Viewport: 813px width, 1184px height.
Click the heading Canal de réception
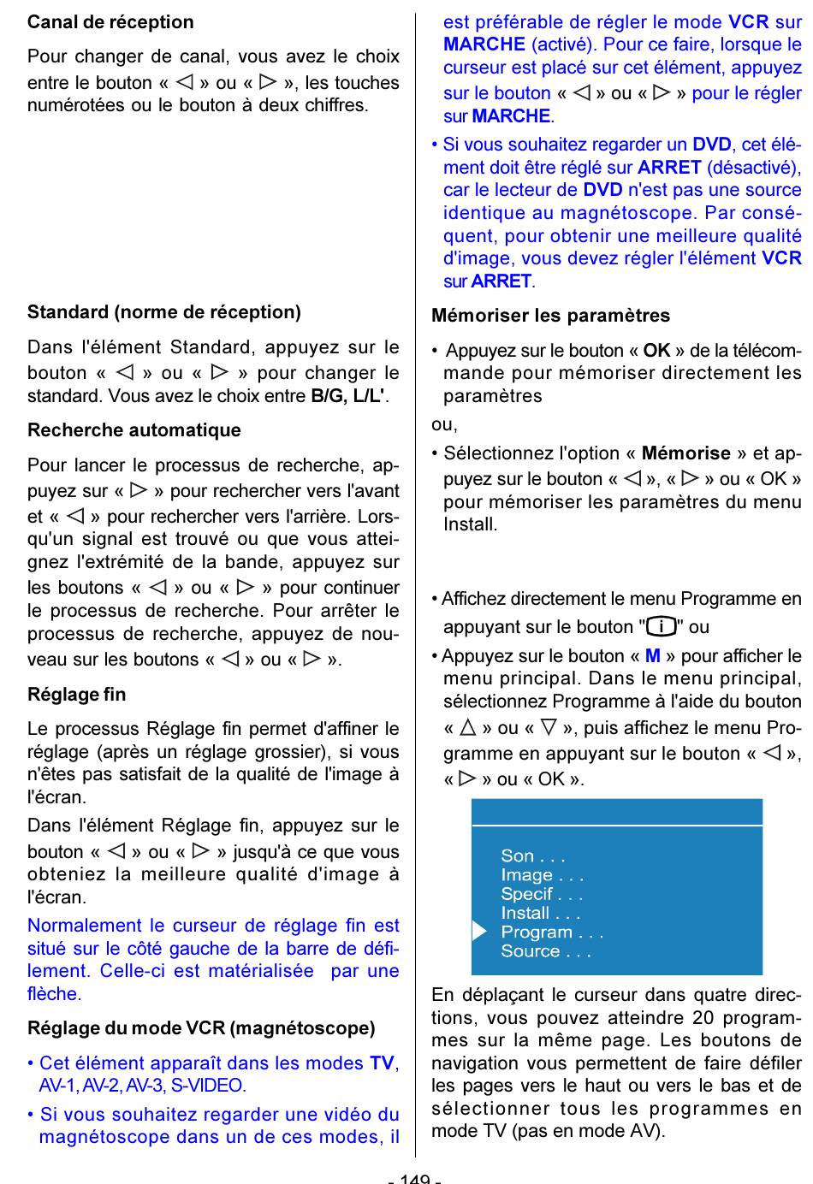click(x=110, y=22)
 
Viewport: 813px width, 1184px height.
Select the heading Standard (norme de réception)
click(x=164, y=312)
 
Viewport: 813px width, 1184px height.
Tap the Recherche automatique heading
click(x=134, y=430)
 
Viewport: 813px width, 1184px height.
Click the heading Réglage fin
click(x=77, y=695)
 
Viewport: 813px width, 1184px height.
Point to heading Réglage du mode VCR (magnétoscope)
click(x=201, y=1028)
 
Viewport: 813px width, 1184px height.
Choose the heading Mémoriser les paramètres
click(x=551, y=316)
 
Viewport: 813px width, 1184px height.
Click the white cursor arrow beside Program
click(x=479, y=932)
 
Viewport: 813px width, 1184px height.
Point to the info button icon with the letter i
click(x=662, y=627)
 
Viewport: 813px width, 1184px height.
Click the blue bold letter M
click(x=653, y=656)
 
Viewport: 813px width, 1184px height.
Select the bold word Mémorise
click(x=685, y=453)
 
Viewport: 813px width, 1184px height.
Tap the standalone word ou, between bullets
click(x=444, y=424)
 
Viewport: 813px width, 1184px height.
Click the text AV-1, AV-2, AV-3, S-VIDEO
click(x=143, y=1086)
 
